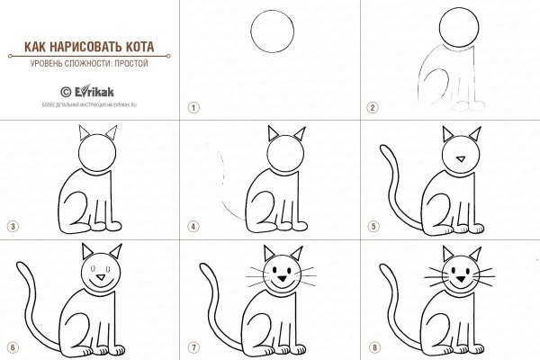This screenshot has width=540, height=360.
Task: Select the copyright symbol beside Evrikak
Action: click(x=65, y=91)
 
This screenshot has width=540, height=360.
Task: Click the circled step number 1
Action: click(x=193, y=106)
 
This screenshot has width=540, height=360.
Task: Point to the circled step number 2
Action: click(x=373, y=106)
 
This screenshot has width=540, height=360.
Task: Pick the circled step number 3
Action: click(x=13, y=226)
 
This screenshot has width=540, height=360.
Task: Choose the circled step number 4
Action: click(x=193, y=226)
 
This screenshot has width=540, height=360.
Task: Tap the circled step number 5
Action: click(x=373, y=226)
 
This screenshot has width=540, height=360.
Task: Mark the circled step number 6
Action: click(x=13, y=346)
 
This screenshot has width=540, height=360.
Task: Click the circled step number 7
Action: click(x=193, y=346)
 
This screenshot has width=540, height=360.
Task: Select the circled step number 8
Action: click(x=373, y=346)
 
